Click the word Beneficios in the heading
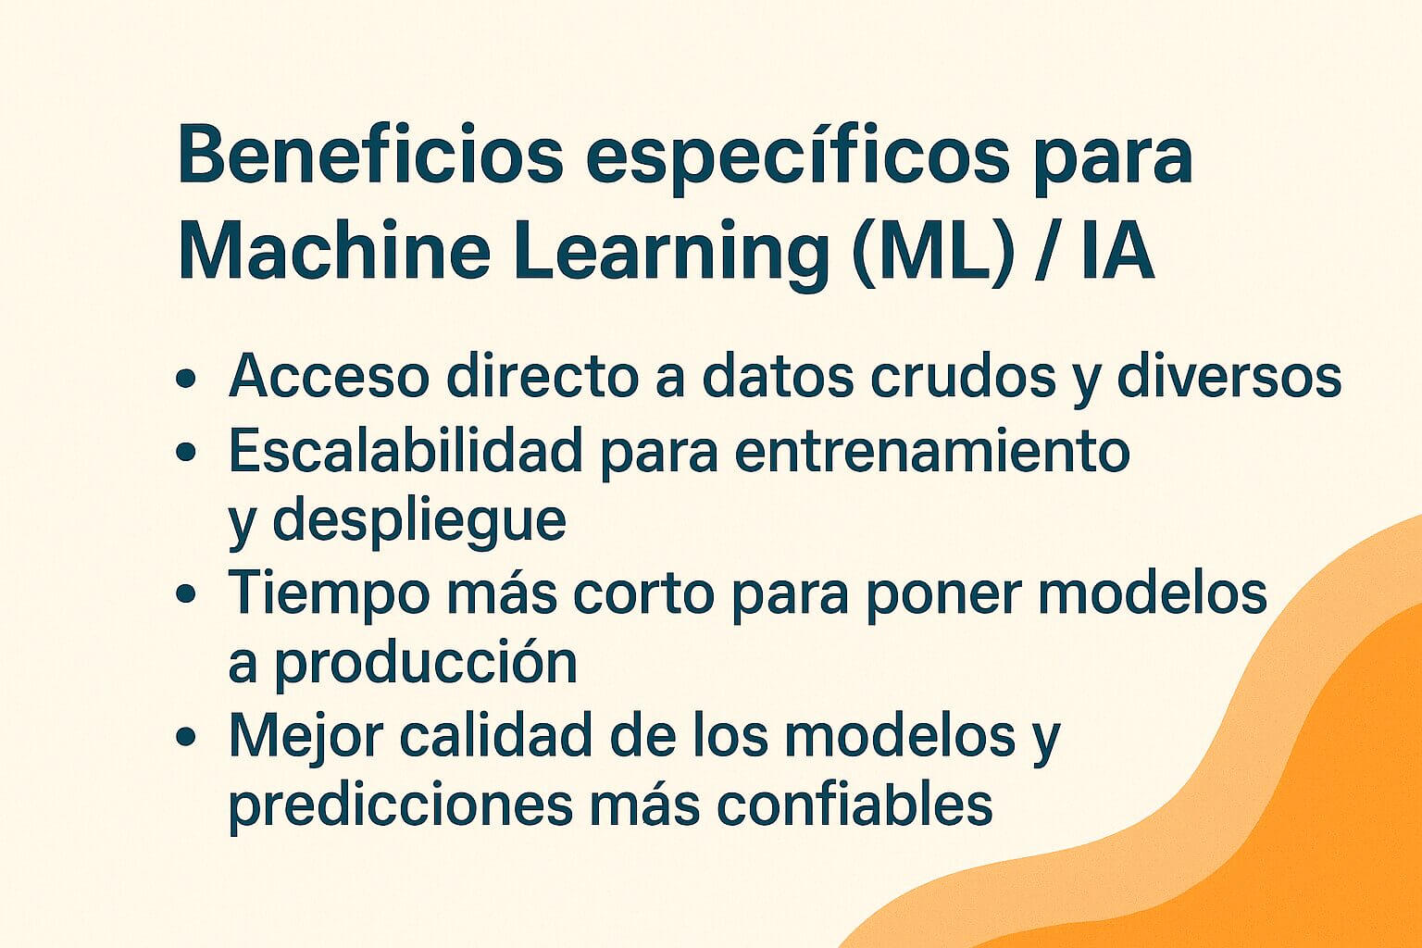[370, 155]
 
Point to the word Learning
[671, 256]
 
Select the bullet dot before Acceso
[186, 380]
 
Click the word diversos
[1229, 377]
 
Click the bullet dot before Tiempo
[186, 594]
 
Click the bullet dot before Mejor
[186, 737]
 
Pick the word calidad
[496, 734]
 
